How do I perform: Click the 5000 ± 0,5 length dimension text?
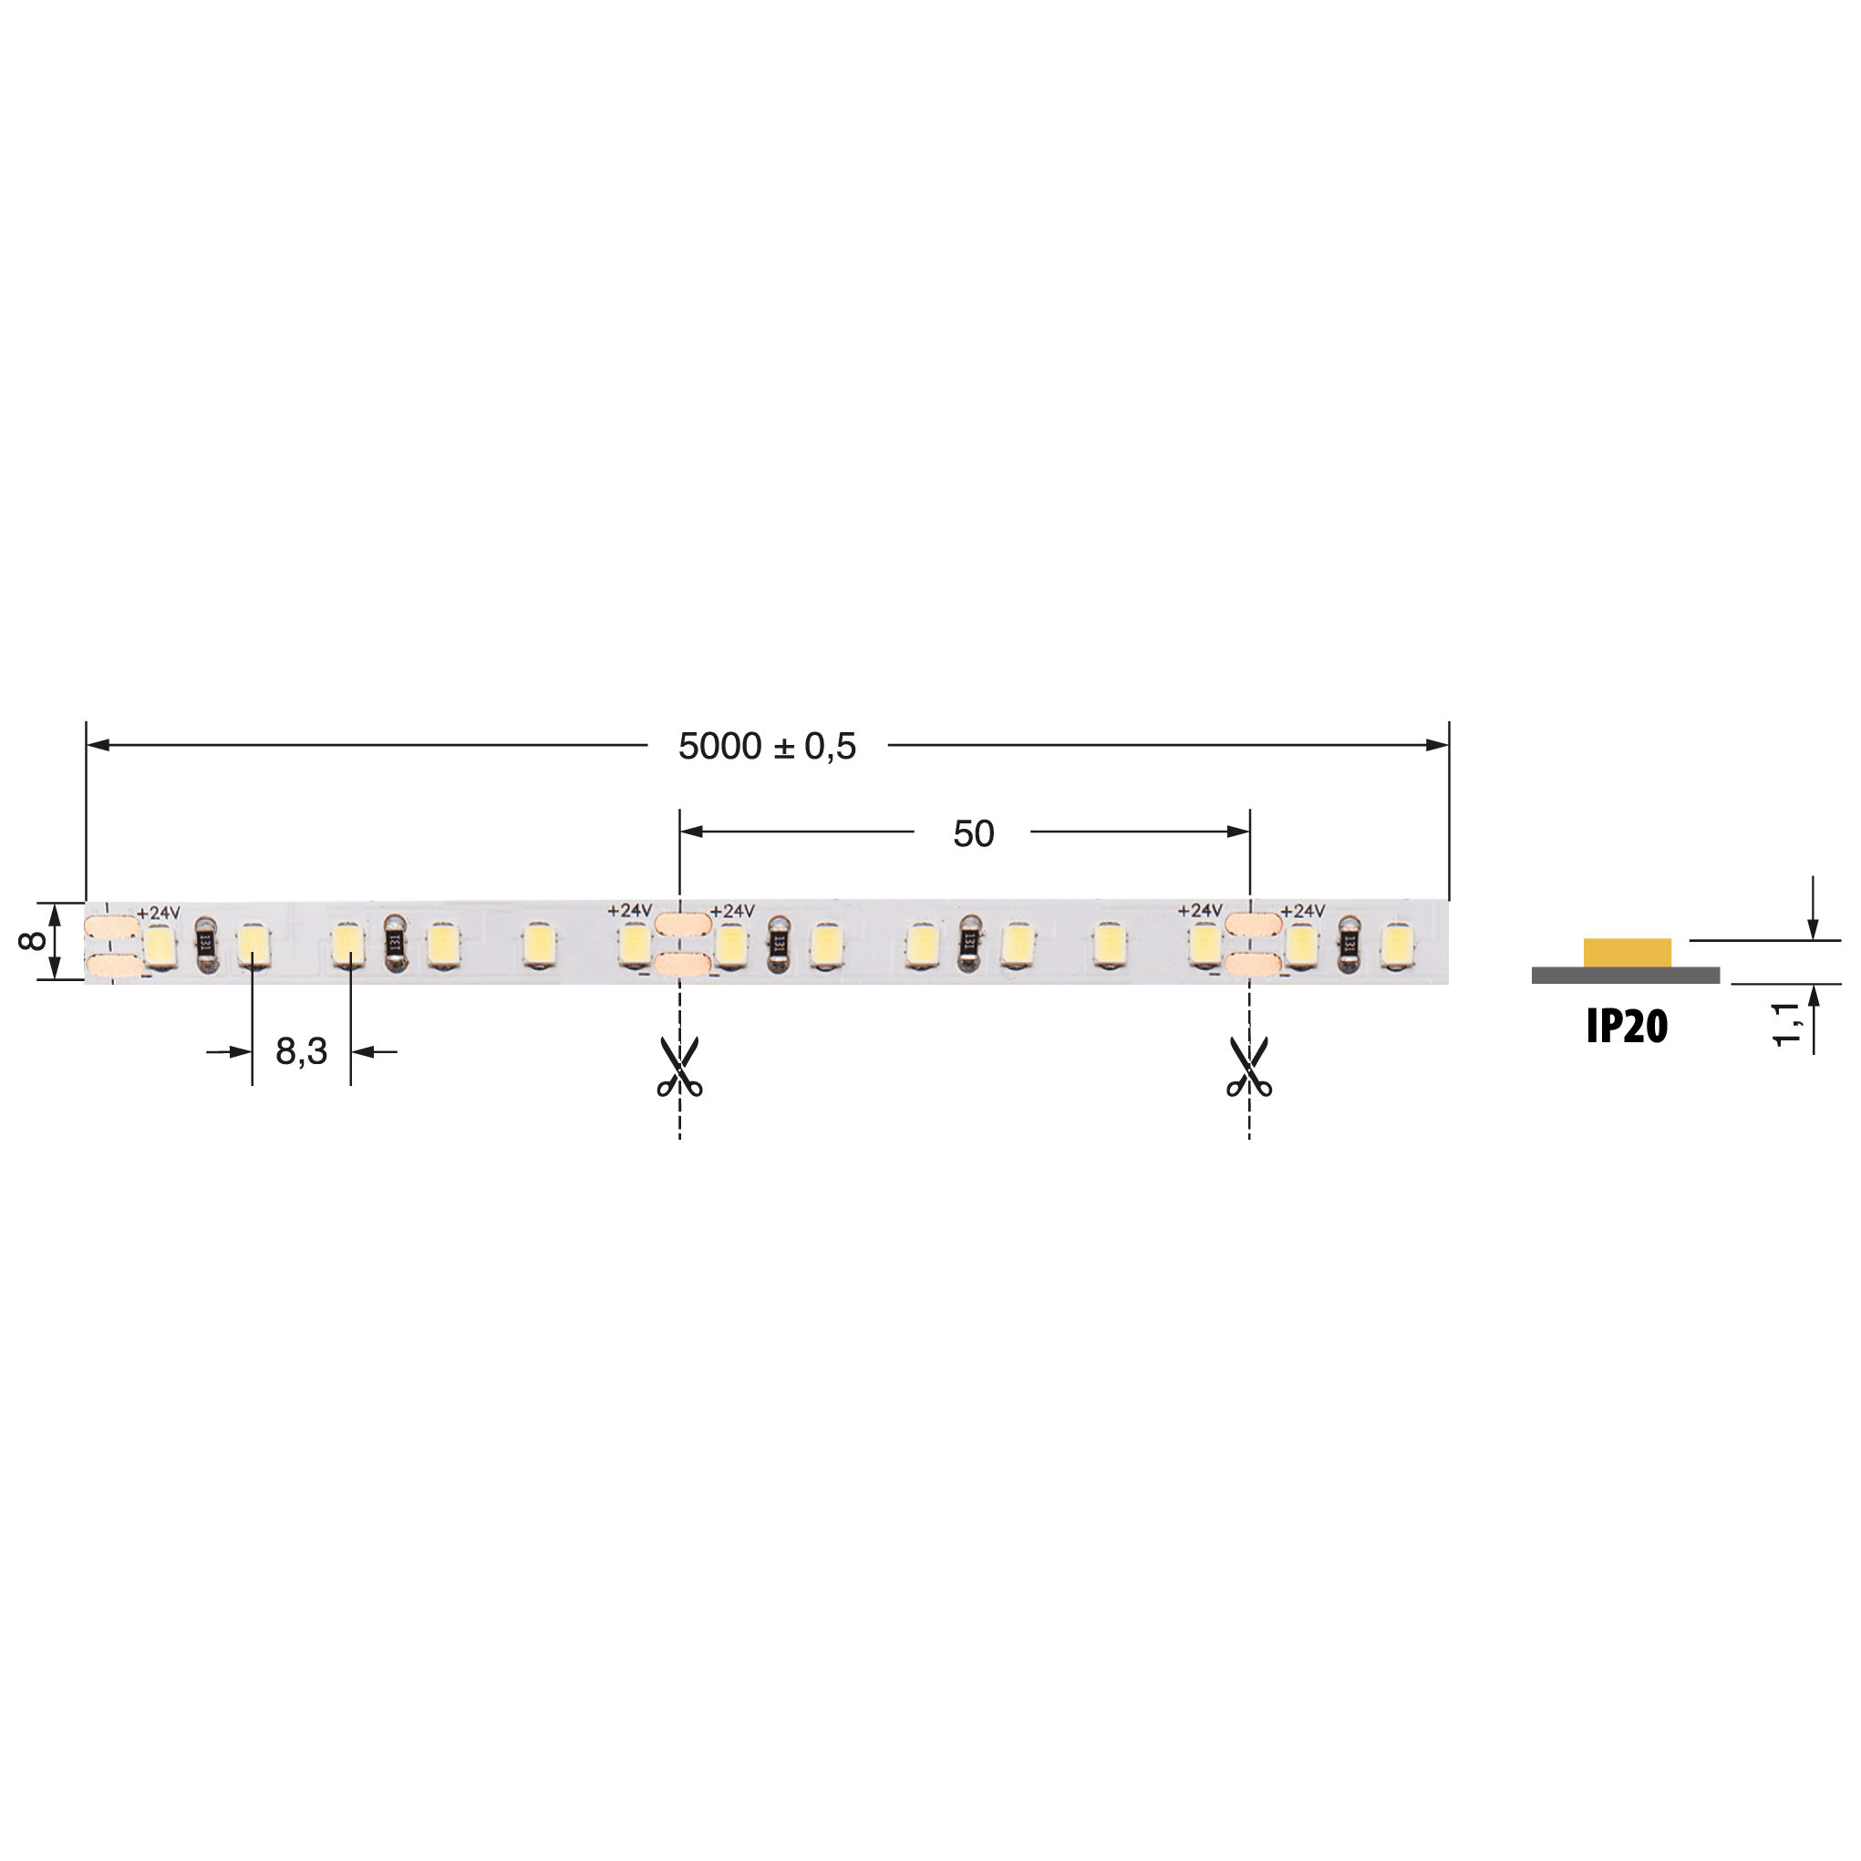[x=767, y=747]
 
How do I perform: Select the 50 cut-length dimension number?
[x=973, y=833]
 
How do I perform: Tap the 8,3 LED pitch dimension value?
[x=302, y=1051]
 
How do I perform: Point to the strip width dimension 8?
[x=32, y=941]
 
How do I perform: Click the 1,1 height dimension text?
[x=1786, y=1023]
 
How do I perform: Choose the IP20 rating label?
[x=1627, y=1027]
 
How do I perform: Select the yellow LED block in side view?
[x=1627, y=953]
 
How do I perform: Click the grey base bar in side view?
[x=1625, y=975]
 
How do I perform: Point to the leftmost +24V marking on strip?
[x=158, y=912]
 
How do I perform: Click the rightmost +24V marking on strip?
[x=1302, y=910]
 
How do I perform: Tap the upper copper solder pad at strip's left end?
[x=112, y=926]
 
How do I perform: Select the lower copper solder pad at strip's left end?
[x=114, y=966]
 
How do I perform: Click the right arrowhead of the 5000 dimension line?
[x=1436, y=745]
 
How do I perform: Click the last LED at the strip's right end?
[x=1397, y=945]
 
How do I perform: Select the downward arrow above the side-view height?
[x=1813, y=926]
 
